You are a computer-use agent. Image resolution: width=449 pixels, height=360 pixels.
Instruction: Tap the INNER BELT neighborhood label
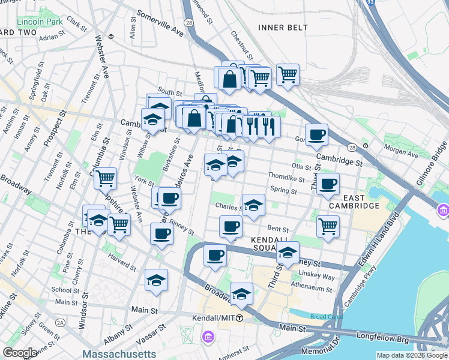pyautogui.click(x=283, y=28)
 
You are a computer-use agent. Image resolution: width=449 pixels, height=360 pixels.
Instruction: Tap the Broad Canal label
pyautogui.click(x=326, y=317)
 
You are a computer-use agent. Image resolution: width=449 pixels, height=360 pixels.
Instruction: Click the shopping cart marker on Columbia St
pyautogui.click(x=106, y=178)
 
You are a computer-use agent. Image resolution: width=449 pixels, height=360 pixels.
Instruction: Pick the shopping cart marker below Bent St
pyautogui.click(x=328, y=226)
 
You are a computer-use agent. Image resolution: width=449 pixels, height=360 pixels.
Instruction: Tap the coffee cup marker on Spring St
pyautogui.click(x=328, y=184)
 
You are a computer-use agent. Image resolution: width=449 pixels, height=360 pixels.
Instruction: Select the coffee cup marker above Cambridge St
pyautogui.click(x=316, y=134)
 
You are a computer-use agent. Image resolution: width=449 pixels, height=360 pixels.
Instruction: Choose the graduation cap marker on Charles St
pyautogui.click(x=253, y=205)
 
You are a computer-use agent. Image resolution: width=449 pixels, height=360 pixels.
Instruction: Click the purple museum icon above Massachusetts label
pyautogui.click(x=208, y=337)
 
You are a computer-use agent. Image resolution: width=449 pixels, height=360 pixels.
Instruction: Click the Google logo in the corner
pyautogui.click(x=20, y=353)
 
